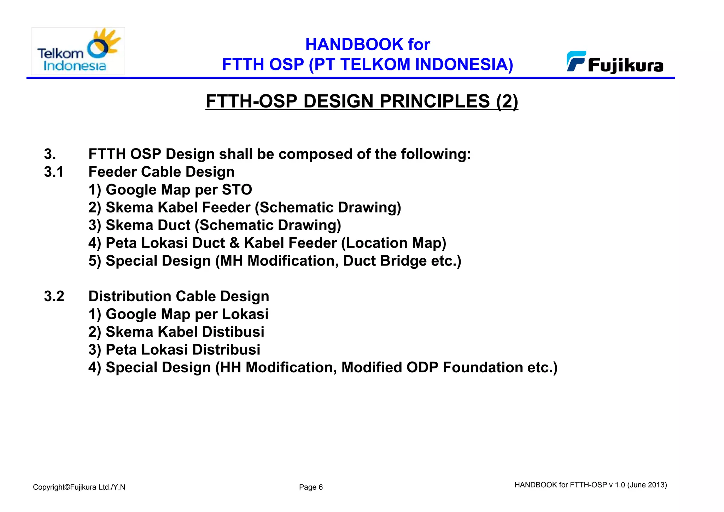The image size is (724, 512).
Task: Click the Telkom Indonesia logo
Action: pos(78,51)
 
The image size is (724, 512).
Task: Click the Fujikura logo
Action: pos(615,63)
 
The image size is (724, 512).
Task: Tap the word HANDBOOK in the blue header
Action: pos(354,45)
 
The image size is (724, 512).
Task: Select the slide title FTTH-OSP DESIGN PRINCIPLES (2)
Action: pos(362,101)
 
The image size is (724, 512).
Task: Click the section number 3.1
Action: pos(54,172)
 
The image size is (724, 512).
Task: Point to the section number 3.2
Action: pos(54,296)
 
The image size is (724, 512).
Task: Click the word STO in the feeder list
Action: pos(237,190)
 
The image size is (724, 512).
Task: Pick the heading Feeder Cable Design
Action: pos(161,172)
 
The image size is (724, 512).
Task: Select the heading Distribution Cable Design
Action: pos(179,296)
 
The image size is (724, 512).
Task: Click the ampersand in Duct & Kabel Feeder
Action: pos(234,243)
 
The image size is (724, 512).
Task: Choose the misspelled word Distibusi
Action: pos(233,332)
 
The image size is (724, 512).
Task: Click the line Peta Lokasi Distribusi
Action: pos(174,350)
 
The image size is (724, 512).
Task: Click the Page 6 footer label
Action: pos(311,487)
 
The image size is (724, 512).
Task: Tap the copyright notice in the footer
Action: pos(79,487)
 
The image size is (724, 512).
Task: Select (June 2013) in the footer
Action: pos(647,485)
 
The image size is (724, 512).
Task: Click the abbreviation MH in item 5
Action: pos(231,261)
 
